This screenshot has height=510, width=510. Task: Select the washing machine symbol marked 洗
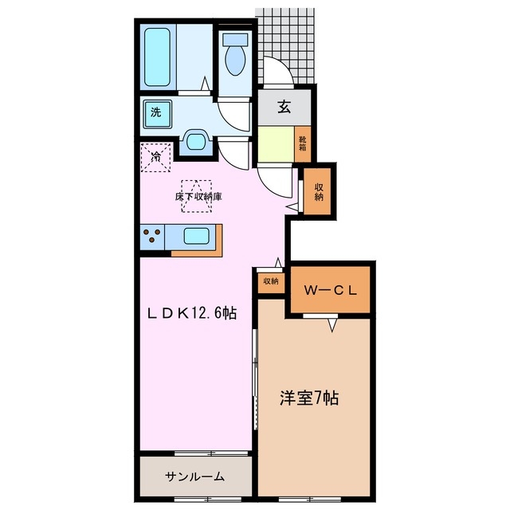[x=156, y=112]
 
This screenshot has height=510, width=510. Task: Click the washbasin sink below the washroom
[x=195, y=140]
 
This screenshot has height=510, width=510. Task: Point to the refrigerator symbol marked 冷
[x=156, y=156]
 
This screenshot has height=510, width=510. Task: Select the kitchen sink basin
[x=197, y=236]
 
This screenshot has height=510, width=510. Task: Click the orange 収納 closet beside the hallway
[x=319, y=191]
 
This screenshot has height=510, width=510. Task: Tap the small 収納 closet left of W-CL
[x=270, y=280]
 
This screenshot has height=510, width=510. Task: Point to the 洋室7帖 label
[x=308, y=398]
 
